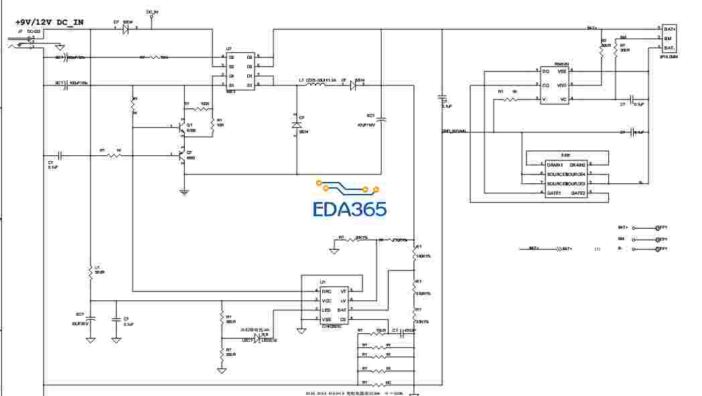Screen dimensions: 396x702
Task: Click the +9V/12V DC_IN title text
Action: pos(50,22)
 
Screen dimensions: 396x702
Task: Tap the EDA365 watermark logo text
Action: pos(350,209)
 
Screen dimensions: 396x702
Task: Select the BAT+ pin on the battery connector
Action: pos(670,29)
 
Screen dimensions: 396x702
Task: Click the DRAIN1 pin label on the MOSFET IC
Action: pos(555,165)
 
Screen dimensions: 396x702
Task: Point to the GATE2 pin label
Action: pos(577,193)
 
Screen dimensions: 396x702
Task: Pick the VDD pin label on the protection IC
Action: pos(562,85)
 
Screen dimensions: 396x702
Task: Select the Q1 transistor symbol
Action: pos(180,125)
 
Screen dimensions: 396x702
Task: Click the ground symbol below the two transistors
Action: pos(184,192)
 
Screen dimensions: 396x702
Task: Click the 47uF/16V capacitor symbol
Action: pos(382,120)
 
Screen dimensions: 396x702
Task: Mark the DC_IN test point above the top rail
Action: pos(151,17)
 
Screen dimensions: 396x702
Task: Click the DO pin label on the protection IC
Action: pos(545,71)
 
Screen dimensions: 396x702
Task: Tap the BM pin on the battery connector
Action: pos(668,39)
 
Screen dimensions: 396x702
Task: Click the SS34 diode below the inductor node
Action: pos(296,125)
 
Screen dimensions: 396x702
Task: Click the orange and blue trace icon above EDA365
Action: pos(348,187)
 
